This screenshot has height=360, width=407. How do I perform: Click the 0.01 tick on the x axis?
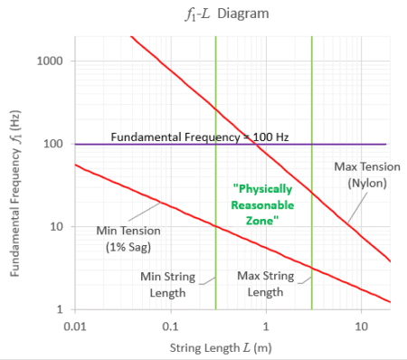point(74,324)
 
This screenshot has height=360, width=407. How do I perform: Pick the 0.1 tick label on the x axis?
point(170,324)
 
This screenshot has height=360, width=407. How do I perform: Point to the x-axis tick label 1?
point(266,324)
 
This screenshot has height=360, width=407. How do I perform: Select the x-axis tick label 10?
point(362,324)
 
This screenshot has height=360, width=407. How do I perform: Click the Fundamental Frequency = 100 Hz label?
point(200,137)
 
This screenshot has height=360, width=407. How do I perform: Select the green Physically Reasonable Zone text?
point(263,204)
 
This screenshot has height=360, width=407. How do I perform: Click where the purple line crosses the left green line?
point(215,144)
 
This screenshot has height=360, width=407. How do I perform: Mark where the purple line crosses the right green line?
point(311,144)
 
